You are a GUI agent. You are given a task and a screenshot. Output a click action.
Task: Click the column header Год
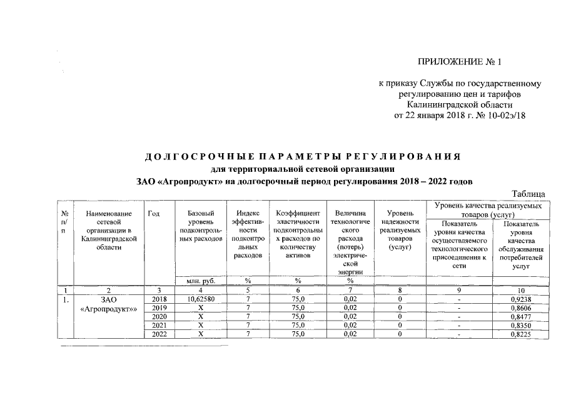153,214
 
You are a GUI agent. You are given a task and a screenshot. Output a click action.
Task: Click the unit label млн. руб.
200,281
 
